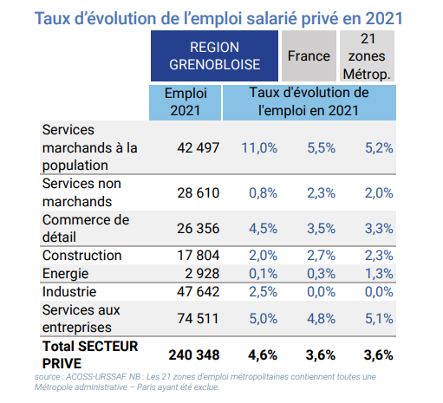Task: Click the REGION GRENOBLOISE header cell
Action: [214, 55]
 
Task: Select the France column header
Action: [309, 55]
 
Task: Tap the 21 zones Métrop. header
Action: [367, 55]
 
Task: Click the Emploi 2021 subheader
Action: [186, 102]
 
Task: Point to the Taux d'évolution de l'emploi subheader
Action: [309, 102]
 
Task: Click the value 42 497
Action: [199, 148]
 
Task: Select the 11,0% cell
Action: [259, 148]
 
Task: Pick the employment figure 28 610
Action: [199, 193]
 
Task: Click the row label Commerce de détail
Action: [86, 229]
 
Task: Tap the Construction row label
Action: [82, 256]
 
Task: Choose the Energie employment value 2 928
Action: [202, 274]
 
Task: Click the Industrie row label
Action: [69, 292]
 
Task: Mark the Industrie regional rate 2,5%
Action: [264, 292]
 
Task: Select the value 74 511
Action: [199, 319]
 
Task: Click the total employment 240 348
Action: [194, 355]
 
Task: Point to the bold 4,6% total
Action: [263, 355]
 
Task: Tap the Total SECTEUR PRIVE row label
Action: [90, 354]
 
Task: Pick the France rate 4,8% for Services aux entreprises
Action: [321, 319]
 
